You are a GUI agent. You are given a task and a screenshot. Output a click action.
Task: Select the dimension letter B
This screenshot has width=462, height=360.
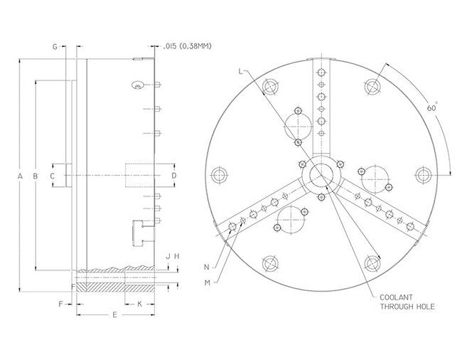pos(36,175)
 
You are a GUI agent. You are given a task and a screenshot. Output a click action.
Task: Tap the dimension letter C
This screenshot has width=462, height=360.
pos(53,174)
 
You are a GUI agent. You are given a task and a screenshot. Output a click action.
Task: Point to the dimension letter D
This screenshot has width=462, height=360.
pos(173,174)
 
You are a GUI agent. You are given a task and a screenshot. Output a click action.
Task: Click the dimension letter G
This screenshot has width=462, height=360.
pos(55,46)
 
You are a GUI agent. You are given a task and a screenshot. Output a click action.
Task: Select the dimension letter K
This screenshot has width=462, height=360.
pos(139,303)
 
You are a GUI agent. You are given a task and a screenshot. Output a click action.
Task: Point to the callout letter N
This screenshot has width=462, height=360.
pos(206,268)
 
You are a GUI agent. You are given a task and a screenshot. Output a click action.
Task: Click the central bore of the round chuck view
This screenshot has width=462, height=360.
pos(321,174)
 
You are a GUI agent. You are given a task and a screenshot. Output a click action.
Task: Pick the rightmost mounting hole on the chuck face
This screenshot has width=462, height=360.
pos(424,174)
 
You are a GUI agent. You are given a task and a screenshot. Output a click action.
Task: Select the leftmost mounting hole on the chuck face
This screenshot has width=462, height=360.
pos(219,174)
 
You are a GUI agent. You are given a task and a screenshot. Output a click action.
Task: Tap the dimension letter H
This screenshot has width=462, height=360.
pos(177,255)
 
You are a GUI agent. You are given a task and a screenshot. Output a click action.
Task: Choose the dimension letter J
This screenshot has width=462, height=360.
pos(167,255)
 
